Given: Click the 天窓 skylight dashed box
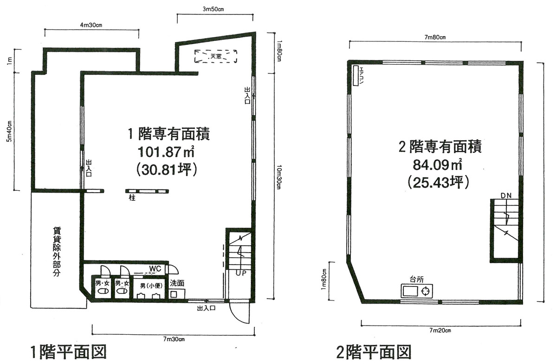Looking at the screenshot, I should [216, 56].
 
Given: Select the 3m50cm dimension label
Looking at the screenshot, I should [214, 9].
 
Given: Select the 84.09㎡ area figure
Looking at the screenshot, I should [434, 165].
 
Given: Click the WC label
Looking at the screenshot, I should [155, 268].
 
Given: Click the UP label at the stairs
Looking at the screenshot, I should [240, 273].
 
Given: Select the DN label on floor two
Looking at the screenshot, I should [506, 195].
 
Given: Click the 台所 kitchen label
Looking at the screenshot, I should [416, 279].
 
